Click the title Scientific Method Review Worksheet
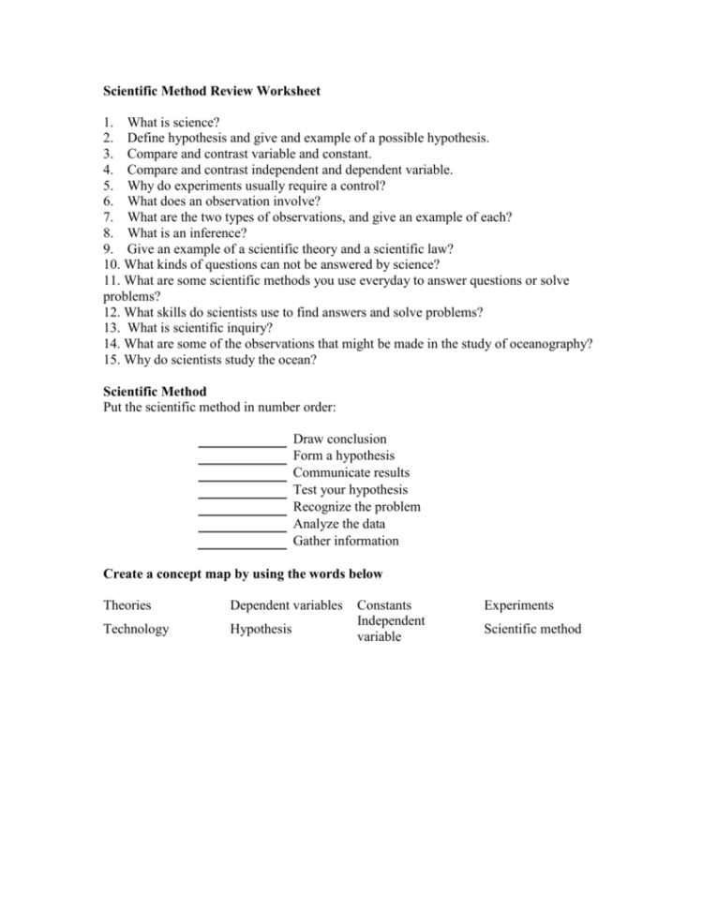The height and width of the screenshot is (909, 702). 211,92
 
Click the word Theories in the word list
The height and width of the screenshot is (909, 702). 127,606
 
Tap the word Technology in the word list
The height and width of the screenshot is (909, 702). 136,629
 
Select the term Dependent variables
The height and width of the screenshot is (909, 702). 286,606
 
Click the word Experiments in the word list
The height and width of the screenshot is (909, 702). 518,606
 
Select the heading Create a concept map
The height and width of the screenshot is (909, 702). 242,573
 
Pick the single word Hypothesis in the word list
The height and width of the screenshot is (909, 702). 261,629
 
